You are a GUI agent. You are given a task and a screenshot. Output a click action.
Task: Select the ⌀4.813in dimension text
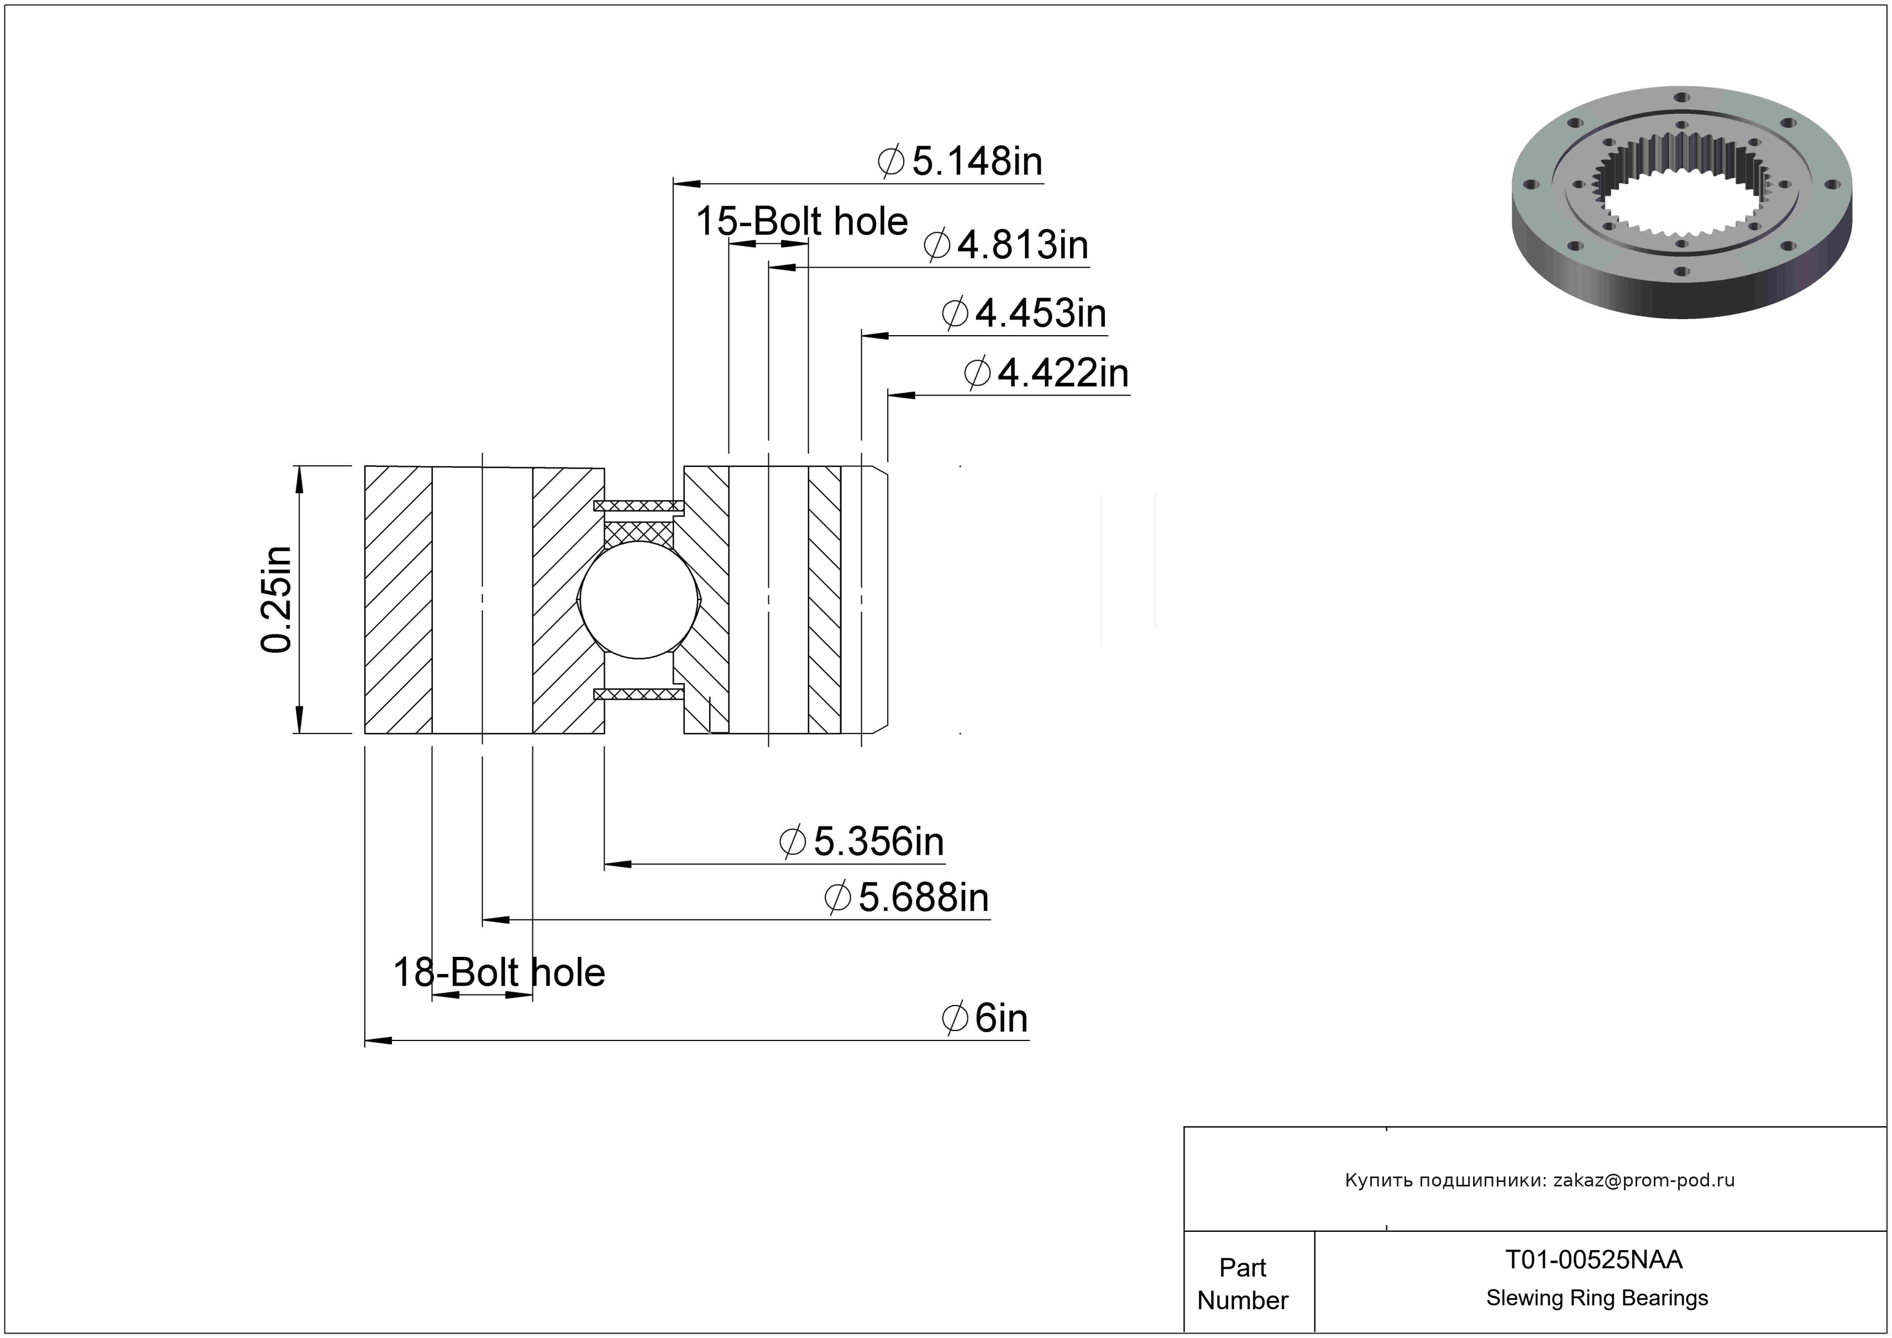point(1005,245)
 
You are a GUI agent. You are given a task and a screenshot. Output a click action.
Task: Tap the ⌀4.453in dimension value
point(1024,313)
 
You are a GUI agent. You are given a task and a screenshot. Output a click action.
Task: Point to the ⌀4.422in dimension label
point(1046,373)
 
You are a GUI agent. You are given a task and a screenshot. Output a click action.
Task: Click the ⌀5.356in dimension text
point(861,842)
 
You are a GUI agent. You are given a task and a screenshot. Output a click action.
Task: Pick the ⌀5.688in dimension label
point(906,897)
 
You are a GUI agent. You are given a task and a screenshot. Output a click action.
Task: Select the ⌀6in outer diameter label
point(985,1018)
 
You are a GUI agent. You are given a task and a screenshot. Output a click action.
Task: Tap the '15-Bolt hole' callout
point(802,222)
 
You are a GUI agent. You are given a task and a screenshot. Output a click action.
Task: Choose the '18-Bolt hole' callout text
point(499,973)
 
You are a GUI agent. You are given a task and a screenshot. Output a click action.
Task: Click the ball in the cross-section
point(640,600)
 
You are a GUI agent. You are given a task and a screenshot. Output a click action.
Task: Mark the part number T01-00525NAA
point(1594,1259)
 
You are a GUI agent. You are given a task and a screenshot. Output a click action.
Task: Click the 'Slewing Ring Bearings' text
point(1597,1298)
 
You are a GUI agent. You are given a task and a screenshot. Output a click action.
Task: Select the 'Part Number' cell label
point(1243,1284)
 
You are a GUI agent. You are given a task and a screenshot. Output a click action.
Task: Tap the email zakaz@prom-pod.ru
point(1644,1180)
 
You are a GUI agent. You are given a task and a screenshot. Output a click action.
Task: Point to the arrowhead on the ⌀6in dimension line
point(378,1040)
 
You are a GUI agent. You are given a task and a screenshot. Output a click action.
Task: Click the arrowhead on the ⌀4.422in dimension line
point(901,395)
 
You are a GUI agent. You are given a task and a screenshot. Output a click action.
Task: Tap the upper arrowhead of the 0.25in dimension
point(299,479)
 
